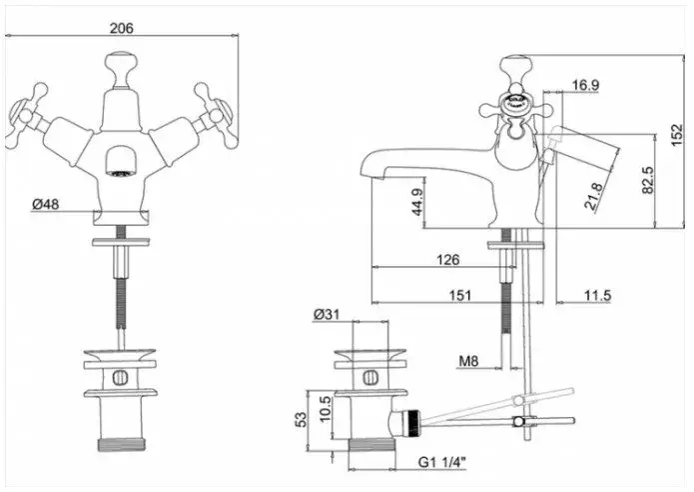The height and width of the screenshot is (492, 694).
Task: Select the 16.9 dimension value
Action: pos(585,86)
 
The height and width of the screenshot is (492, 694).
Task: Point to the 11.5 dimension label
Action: pos(598,295)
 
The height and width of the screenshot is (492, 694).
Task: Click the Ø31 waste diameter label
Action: pos(327,315)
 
